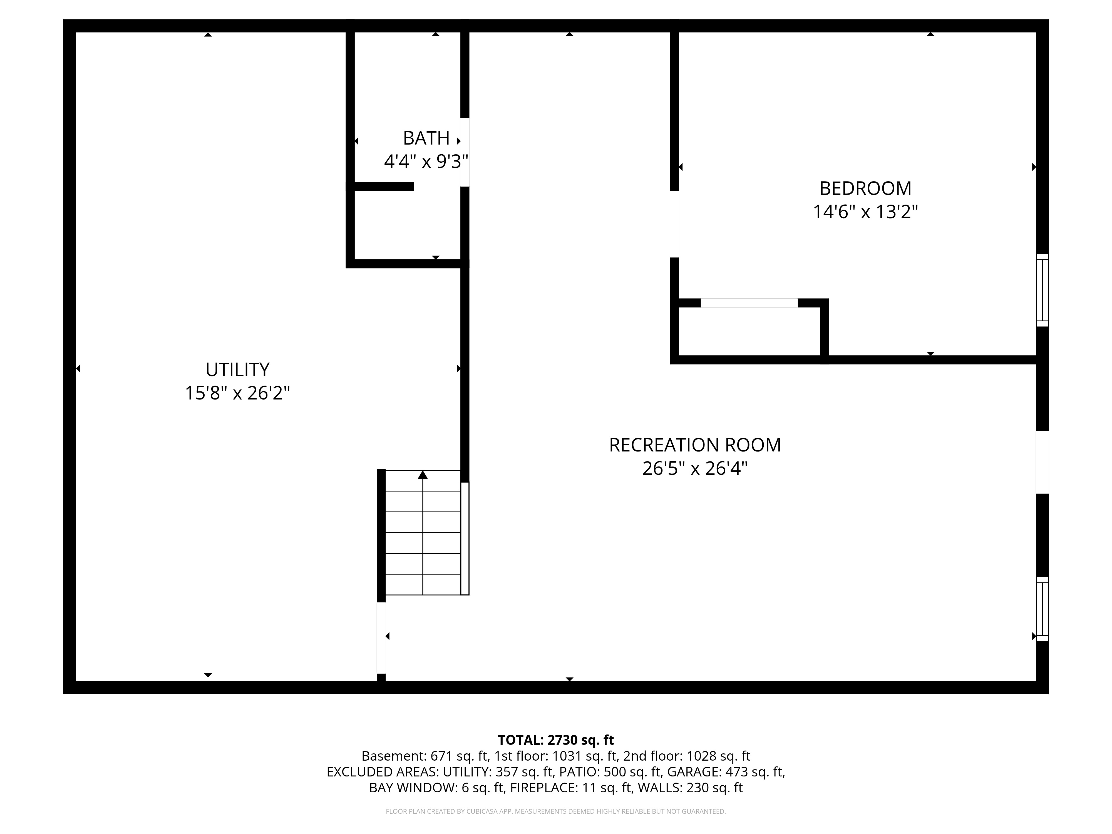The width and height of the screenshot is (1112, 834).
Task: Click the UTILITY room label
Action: tap(237, 369)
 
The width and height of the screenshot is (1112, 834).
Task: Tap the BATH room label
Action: tap(426, 138)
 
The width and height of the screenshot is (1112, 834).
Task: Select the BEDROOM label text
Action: tap(865, 188)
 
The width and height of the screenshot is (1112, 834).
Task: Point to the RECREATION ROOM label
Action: tap(695, 445)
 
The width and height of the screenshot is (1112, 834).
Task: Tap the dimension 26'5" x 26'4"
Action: tap(695, 468)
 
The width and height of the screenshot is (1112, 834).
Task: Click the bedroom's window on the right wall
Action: tap(1042, 290)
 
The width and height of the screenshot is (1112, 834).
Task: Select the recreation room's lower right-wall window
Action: tap(1042, 609)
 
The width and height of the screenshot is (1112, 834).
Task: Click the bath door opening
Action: tap(465, 152)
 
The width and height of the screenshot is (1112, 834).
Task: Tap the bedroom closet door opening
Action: tap(749, 303)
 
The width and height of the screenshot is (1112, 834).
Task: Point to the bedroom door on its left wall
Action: tap(674, 224)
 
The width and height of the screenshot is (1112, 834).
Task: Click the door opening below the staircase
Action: tap(381, 637)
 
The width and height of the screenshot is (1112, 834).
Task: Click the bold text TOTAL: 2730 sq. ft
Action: tap(555, 740)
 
